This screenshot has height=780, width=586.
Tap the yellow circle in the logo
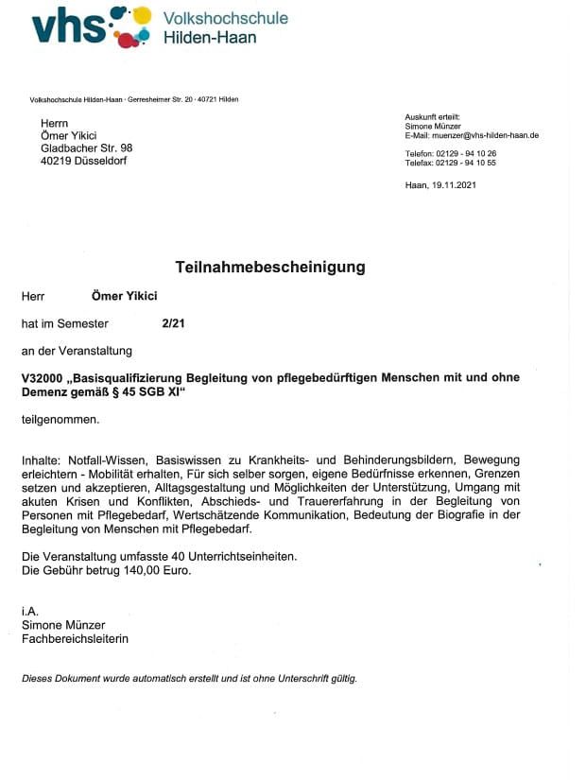(x=142, y=15)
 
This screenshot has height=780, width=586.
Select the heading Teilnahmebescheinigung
(x=269, y=268)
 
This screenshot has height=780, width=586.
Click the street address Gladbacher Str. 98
(x=86, y=148)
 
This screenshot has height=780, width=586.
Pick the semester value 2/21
(x=173, y=323)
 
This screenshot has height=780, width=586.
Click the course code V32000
(x=44, y=377)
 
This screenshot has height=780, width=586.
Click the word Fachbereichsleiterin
(x=75, y=638)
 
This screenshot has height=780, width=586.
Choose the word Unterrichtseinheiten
(x=244, y=556)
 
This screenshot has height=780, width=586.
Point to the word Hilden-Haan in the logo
(x=210, y=38)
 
